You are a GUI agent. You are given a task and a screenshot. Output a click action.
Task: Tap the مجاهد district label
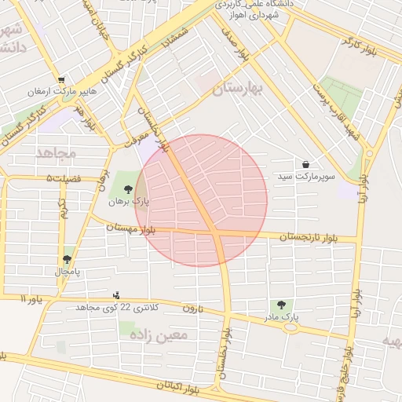[55, 151]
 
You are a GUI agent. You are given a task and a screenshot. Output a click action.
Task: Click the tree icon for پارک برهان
[127, 188]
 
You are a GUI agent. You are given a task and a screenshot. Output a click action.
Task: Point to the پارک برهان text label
[129, 202]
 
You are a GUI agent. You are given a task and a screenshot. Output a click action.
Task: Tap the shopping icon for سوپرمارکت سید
[305, 164]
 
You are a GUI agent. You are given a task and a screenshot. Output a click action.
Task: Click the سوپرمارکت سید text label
[305, 177]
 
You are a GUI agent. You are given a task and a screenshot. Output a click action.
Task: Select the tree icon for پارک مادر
[280, 304]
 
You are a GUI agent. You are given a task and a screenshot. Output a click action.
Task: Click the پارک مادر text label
[282, 317]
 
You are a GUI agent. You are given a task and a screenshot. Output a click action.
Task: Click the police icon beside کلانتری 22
[117, 295]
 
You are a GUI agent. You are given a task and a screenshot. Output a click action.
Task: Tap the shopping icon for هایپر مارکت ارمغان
[60, 79]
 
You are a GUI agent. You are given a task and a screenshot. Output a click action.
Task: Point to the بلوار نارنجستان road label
[314, 236]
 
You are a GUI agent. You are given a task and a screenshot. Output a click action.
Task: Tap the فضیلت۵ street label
[64, 179]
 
